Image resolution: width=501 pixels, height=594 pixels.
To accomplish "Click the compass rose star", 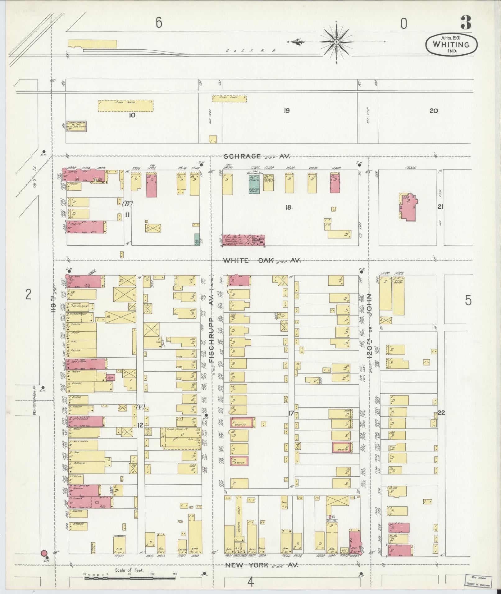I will tap(337, 42).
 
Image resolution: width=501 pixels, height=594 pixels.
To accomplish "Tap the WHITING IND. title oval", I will tap(451, 45).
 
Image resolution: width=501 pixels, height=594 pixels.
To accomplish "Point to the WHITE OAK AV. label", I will tap(262, 261).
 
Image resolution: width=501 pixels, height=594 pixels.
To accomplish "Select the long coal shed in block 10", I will tap(126, 106).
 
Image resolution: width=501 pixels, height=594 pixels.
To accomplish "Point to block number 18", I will tap(288, 207).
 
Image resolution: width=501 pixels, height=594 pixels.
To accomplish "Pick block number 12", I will tap(140, 425).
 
